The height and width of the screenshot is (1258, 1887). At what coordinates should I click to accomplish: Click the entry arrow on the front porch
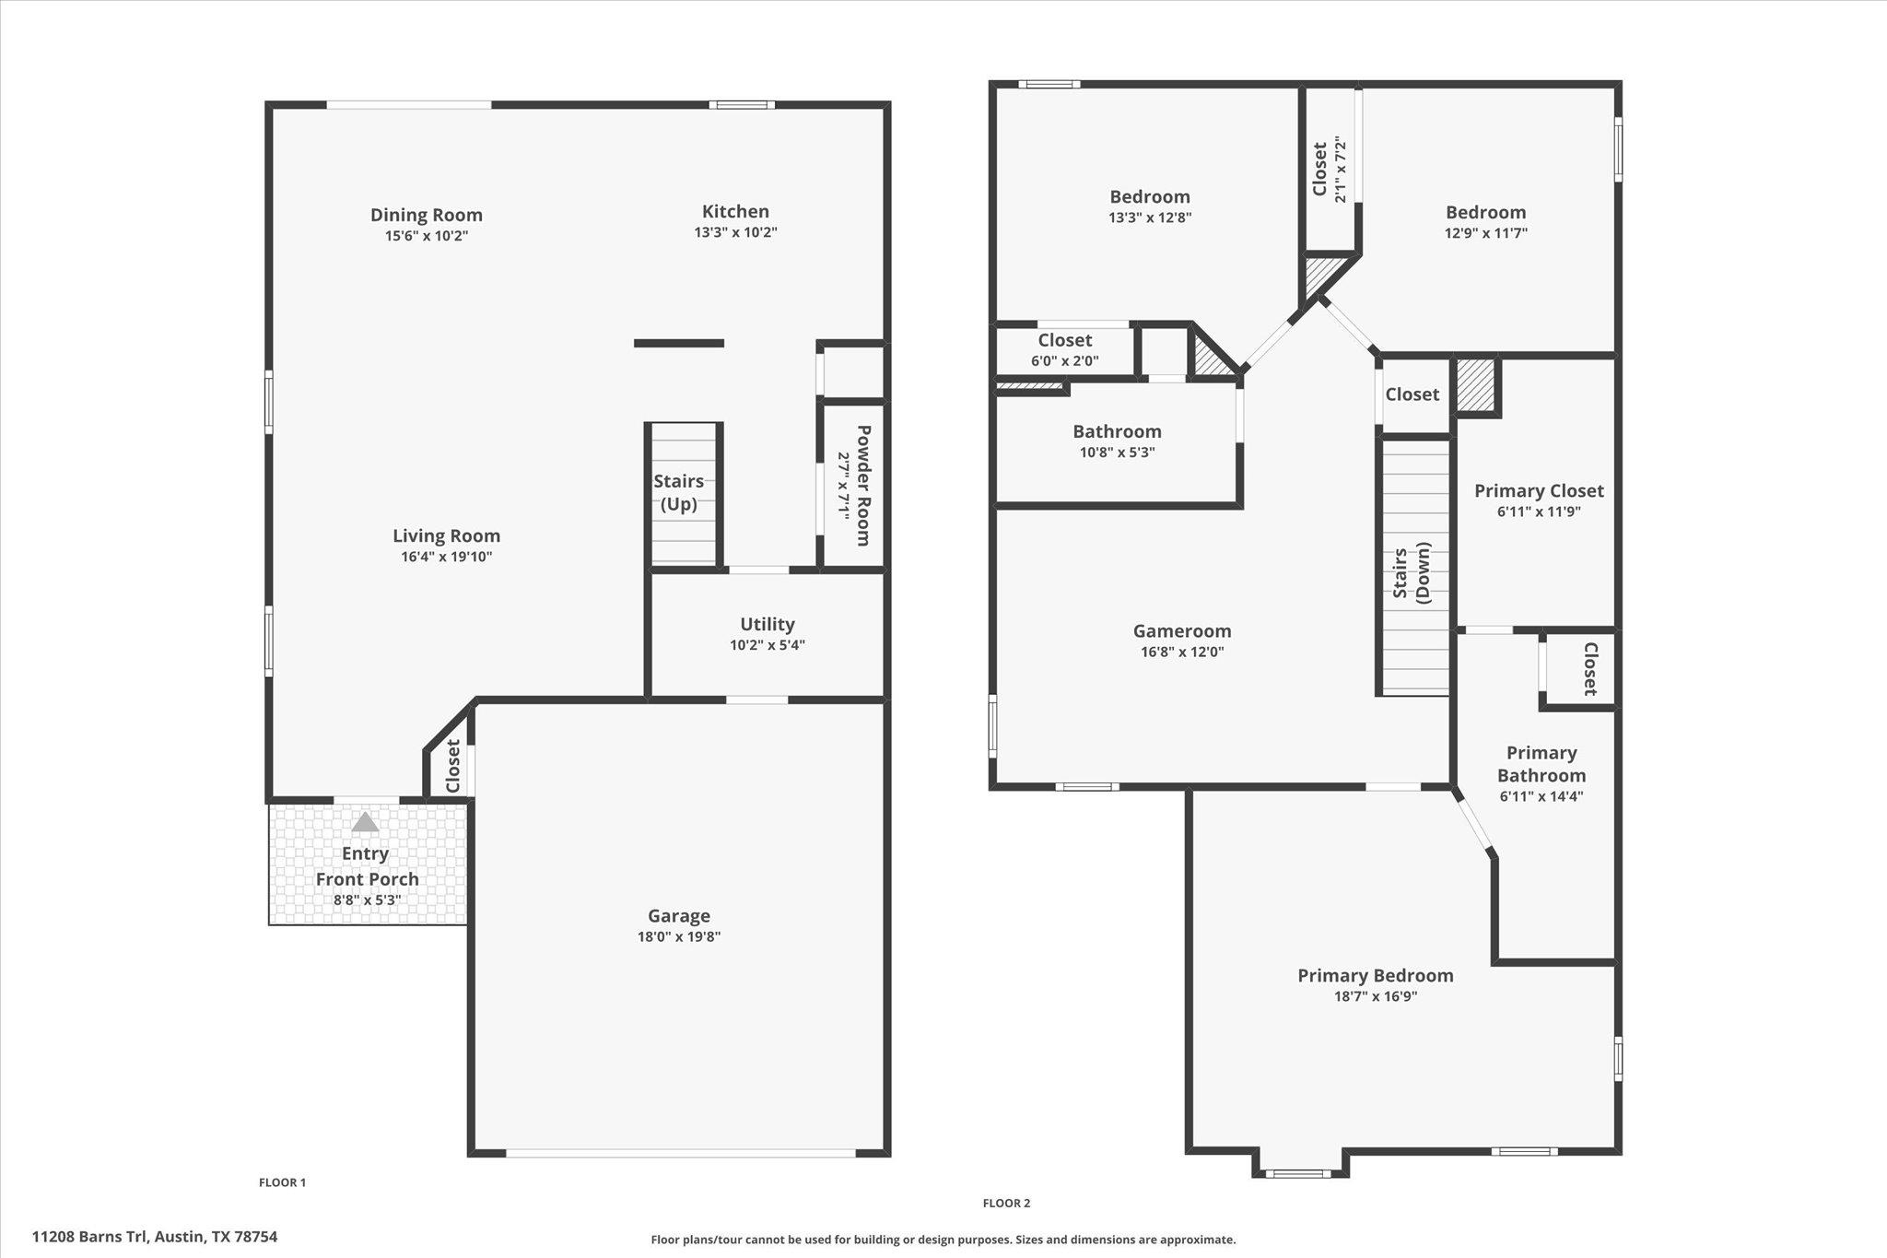[365, 822]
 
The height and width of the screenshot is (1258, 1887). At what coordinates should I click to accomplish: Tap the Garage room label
[678, 915]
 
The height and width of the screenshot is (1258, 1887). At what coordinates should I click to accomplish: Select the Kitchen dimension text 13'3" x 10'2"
[735, 232]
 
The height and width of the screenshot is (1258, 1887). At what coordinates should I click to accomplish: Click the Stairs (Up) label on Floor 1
[679, 492]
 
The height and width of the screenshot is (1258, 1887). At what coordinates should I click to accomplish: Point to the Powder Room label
[863, 485]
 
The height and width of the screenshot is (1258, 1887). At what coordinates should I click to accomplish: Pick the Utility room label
[767, 624]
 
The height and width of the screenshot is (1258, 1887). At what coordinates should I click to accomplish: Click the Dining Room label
[426, 215]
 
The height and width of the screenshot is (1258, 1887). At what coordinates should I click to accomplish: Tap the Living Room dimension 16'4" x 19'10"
[446, 557]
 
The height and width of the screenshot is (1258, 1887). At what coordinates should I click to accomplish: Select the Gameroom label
[1181, 631]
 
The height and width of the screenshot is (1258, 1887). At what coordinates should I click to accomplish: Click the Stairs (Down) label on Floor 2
[1412, 573]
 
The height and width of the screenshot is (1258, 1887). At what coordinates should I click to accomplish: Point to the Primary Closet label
[1538, 491]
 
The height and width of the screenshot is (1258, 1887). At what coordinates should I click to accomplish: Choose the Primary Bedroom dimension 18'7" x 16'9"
[1375, 996]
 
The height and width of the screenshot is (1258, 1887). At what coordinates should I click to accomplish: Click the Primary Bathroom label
[1541, 764]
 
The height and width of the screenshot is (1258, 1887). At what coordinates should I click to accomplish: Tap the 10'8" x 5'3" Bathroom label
[1117, 431]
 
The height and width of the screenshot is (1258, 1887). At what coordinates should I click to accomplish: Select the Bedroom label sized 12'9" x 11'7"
[1485, 212]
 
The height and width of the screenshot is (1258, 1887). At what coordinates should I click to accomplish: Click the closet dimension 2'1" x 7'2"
[1341, 170]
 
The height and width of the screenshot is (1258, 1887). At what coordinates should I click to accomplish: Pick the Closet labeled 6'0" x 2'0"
[1064, 340]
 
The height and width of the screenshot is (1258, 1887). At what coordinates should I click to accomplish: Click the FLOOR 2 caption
[1006, 1203]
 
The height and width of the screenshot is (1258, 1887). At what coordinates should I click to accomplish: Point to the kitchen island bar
[678, 344]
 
